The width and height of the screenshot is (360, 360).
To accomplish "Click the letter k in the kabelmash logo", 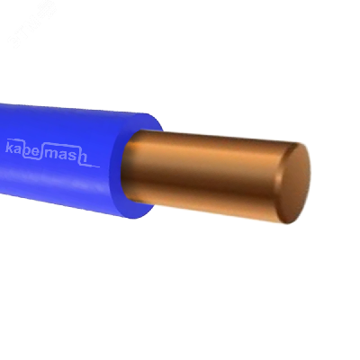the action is tap(9, 148).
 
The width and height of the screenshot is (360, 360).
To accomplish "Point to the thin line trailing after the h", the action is tap(92, 166).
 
